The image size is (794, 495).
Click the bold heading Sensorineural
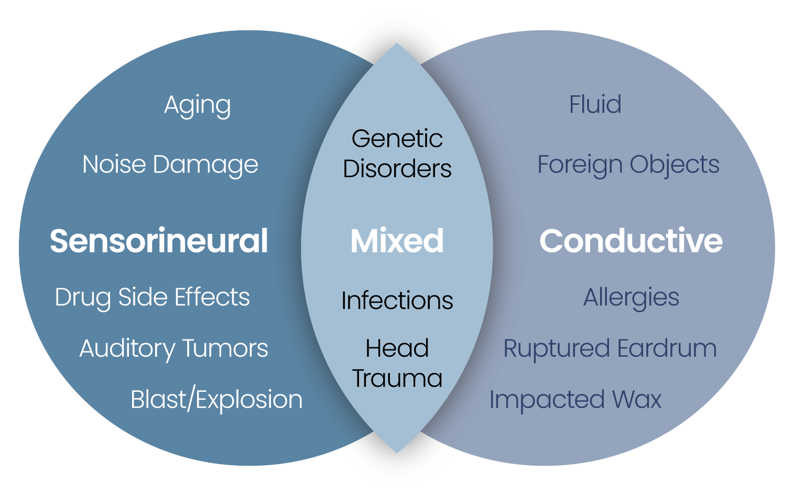pos(159,241)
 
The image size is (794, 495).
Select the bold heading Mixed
pos(397,241)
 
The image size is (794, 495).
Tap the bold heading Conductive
pos(631,241)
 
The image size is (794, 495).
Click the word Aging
pos(198,105)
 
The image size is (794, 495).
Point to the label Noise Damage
pos(170,164)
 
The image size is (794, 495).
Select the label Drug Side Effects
pos(152,297)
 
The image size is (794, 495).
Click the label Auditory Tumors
pos(173,349)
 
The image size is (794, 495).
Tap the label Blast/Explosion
pos(216,400)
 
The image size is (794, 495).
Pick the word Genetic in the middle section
pos(397,139)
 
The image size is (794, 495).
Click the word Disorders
pos(397,169)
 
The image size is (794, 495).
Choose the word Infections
pos(397,301)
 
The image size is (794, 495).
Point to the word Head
pos(397,348)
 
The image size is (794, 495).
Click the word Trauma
pos(397,378)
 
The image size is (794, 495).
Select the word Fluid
pos(595,104)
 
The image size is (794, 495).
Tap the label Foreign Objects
pos(628,164)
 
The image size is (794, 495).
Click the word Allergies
pos(631,298)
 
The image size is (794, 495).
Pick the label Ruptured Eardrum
pos(610,349)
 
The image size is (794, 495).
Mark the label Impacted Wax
pos(575,400)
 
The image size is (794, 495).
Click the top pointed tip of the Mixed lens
pos(397,45)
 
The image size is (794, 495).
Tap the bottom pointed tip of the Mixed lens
pos(397,452)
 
